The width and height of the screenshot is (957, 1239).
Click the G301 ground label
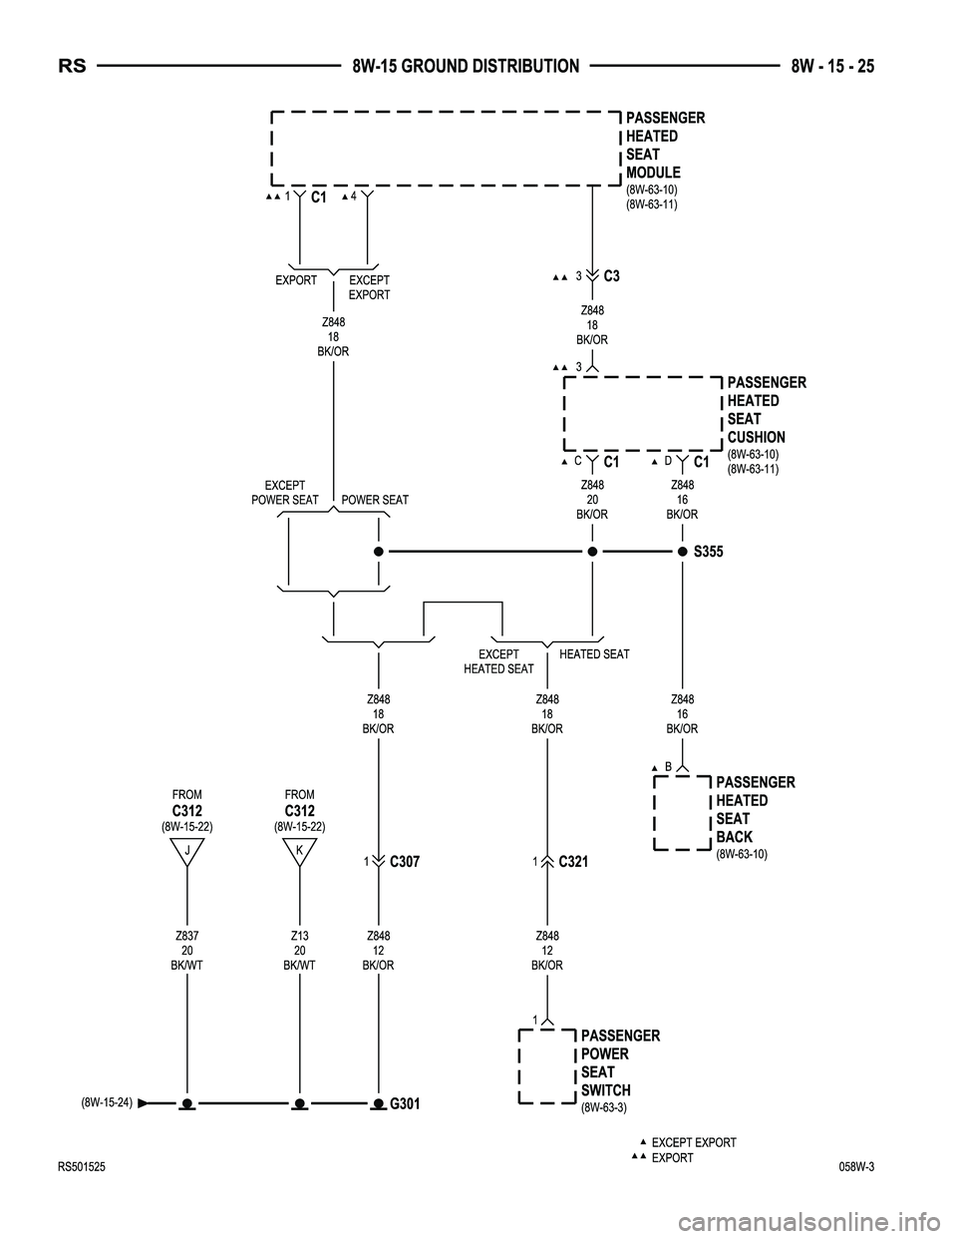pyautogui.click(x=405, y=1104)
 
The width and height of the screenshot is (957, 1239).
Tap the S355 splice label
pyautogui.click(x=709, y=552)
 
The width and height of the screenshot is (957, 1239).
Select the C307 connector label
pyautogui.click(x=405, y=862)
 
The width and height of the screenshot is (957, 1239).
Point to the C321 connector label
pyautogui.click(x=573, y=862)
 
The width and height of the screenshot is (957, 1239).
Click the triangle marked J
pyautogui.click(x=186, y=852)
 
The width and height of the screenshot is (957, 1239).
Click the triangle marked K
pyautogui.click(x=300, y=852)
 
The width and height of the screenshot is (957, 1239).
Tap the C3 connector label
pyautogui.click(x=612, y=276)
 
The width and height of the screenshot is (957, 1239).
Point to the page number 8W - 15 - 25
pyautogui.click(x=832, y=67)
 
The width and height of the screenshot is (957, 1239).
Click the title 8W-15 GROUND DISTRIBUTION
pyautogui.click(x=466, y=67)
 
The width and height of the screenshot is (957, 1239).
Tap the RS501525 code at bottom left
pyautogui.click(x=82, y=1167)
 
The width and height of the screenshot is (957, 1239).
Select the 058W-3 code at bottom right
pyautogui.click(x=857, y=1167)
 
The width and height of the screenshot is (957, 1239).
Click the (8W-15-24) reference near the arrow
pyautogui.click(x=107, y=1102)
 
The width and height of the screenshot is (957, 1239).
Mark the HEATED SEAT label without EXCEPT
pyautogui.click(x=594, y=654)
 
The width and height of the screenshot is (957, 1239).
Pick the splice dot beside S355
pyautogui.click(x=683, y=552)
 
